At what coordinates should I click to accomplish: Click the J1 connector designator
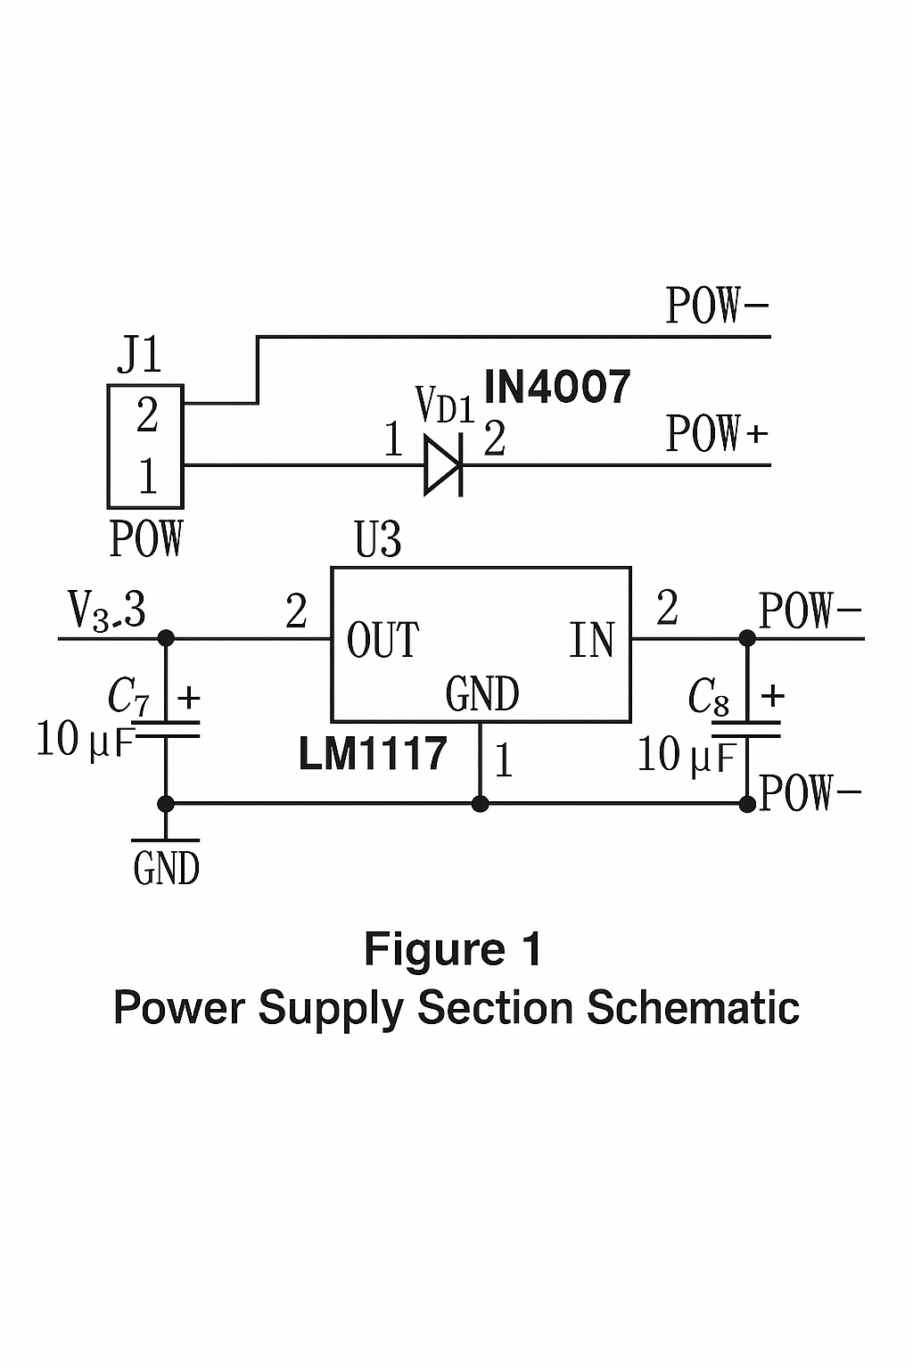pos(139,356)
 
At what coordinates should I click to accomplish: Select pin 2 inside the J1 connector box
pos(147,415)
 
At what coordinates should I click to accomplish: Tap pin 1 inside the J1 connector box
pos(147,476)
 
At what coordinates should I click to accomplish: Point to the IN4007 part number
pos(557,388)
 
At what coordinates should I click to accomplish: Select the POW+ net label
pos(716,434)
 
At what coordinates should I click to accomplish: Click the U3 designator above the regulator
pos(378,540)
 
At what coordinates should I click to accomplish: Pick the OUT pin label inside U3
pos(382,641)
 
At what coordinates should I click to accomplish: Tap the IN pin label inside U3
pos(592,641)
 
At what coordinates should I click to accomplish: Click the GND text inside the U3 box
pos(481,694)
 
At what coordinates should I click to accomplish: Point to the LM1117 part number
pos(373,754)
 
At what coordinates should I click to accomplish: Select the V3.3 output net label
pos(107,611)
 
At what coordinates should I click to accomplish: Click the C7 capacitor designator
pos(127,696)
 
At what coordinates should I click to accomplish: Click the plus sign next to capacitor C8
pos(772,695)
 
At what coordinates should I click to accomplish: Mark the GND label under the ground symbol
pos(166,868)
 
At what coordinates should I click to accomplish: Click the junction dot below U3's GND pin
pos(481,804)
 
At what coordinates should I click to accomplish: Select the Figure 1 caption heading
pos(453,949)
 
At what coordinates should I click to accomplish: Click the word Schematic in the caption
pos(693,1008)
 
